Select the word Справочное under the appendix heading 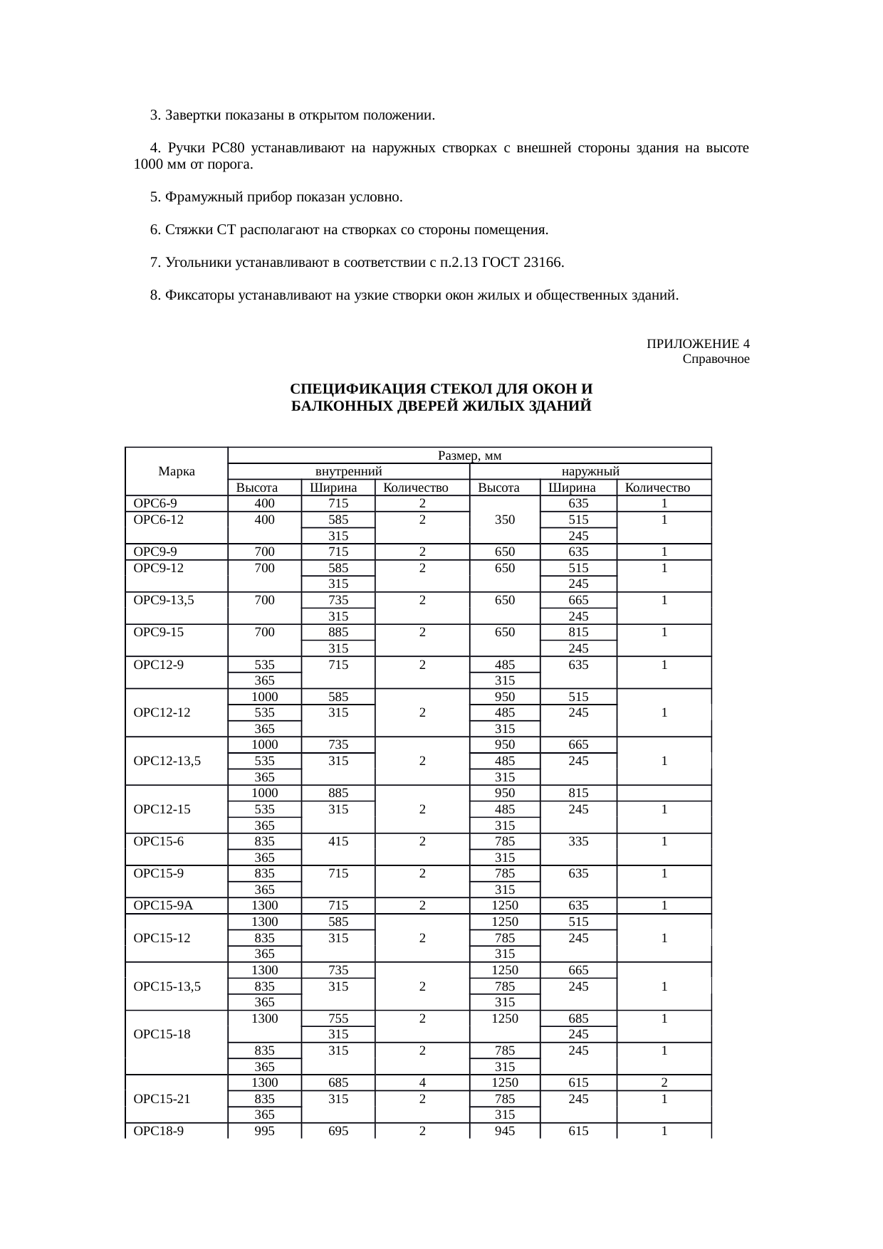coord(715,359)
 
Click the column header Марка coord(177,471)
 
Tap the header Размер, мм coord(470,455)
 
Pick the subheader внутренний coord(349,471)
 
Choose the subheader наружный coord(590,471)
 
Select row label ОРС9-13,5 coord(164,600)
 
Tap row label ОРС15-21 coord(162,1099)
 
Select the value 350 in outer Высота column coord(505,520)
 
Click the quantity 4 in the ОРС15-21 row coord(422,1082)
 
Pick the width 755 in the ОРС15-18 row coord(338,1018)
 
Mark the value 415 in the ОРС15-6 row coord(338,842)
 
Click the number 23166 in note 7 coord(543,263)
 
